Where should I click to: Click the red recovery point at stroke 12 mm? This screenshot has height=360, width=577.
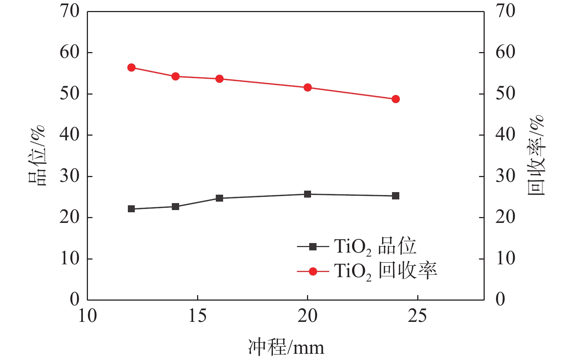[x=132, y=67]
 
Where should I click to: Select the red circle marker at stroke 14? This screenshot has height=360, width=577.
[x=175, y=76]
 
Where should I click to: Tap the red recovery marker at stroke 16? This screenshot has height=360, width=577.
[x=219, y=79]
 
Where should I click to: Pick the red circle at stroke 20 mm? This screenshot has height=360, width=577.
[x=308, y=87]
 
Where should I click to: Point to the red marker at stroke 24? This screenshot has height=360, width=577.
[x=396, y=99]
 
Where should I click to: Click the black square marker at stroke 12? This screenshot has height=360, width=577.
[x=132, y=209]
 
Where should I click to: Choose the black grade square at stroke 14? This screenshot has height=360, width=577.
[x=175, y=206]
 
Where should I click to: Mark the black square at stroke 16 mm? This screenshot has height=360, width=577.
[x=219, y=198]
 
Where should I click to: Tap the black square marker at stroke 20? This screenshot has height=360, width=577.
[x=308, y=194]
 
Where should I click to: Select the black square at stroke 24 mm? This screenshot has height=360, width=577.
[x=396, y=196]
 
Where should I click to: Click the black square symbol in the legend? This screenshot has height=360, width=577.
[x=313, y=247]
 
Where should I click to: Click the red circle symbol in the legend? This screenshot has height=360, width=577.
[x=313, y=272]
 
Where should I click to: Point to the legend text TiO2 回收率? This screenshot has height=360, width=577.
[x=385, y=272]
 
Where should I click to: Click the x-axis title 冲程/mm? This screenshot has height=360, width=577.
[x=286, y=347]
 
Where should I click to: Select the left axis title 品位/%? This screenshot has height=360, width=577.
[x=37, y=155]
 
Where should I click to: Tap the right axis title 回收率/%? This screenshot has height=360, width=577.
[x=536, y=155]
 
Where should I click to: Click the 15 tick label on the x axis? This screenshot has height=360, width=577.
[x=197, y=316]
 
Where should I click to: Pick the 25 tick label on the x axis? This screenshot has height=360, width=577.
[x=418, y=316]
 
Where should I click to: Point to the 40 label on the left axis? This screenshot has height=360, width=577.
[x=70, y=135]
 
